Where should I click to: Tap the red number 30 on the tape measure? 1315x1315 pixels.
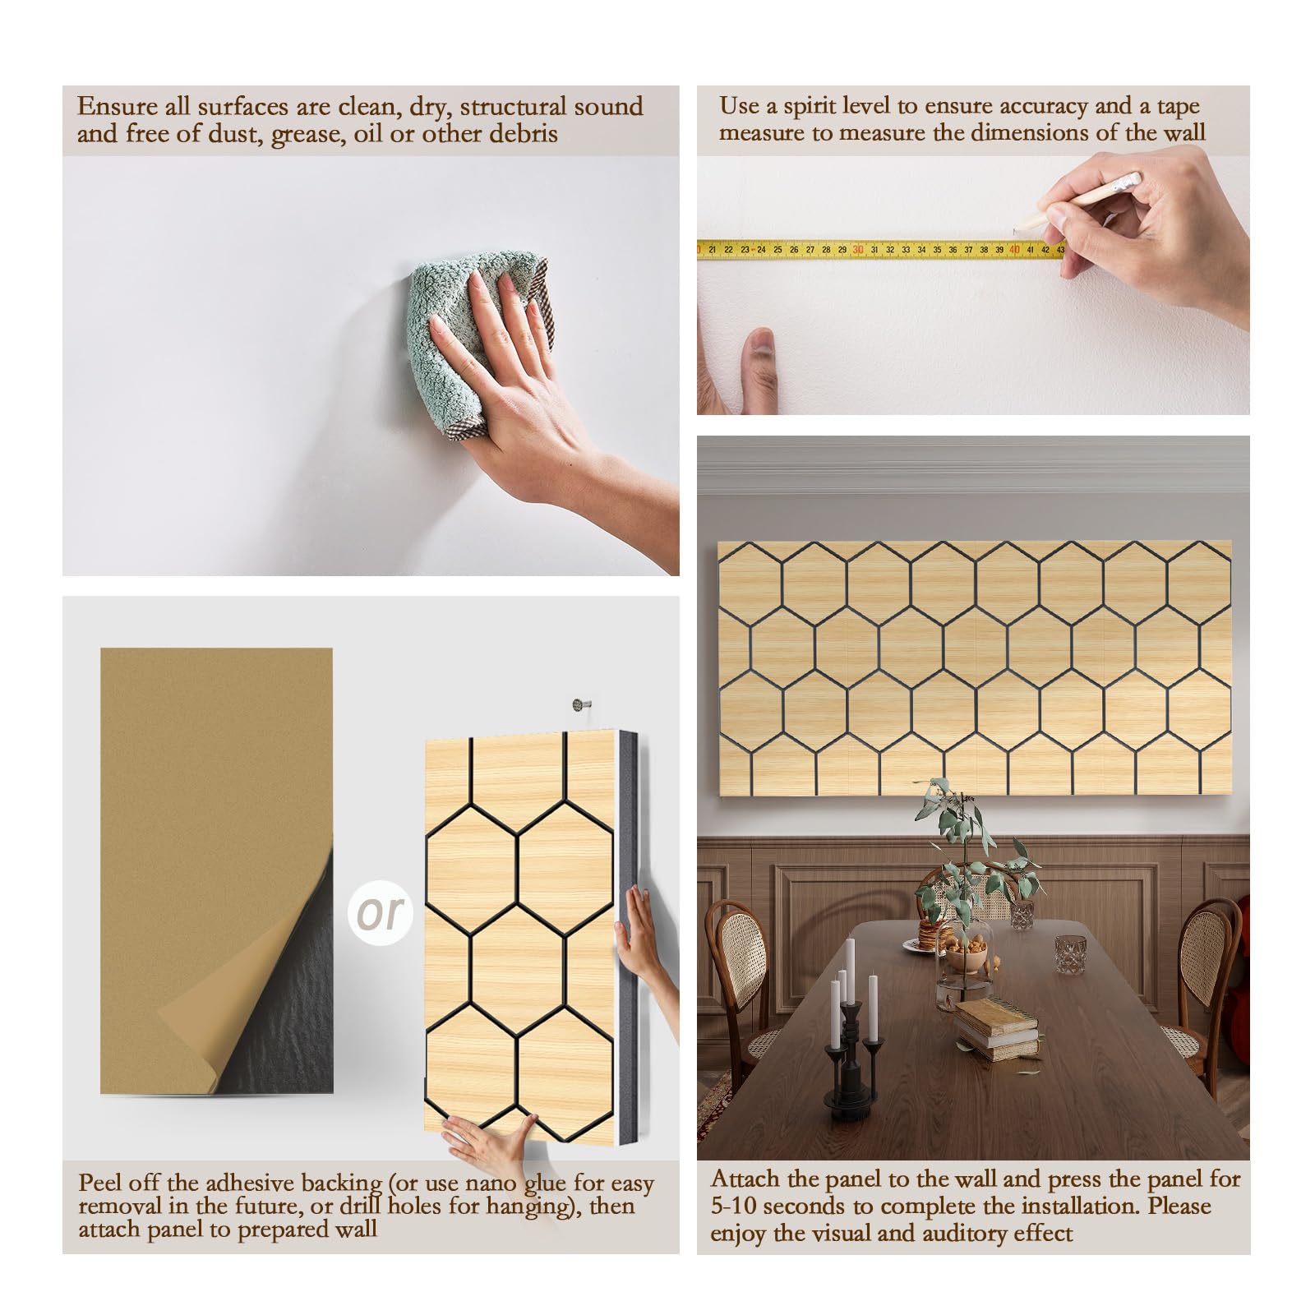tap(857, 249)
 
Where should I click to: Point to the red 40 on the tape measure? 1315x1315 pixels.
tap(1015, 249)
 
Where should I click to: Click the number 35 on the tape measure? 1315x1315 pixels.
tap(937, 249)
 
